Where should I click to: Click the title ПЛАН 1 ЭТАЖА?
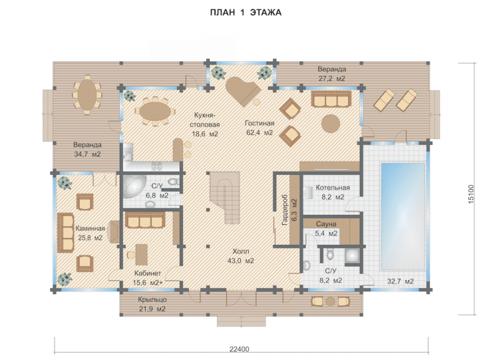pyautogui.click(x=246, y=13)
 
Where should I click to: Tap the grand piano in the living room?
pyautogui.click(x=243, y=91)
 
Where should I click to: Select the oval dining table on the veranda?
pyautogui.click(x=87, y=94)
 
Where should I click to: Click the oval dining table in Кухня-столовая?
pyautogui.click(x=155, y=111)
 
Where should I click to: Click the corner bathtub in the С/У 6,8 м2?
pyautogui.click(x=134, y=186)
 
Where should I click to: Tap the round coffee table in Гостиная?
pyautogui.click(x=331, y=124)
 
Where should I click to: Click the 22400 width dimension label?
pyautogui.click(x=240, y=349)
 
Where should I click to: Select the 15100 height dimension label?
pyautogui.click(x=471, y=194)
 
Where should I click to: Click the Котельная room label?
pyautogui.click(x=333, y=188)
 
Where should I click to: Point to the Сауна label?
pyautogui.click(x=326, y=224)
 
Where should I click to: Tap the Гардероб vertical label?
pyautogui.click(x=285, y=210)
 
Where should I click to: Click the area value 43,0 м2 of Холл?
pyautogui.click(x=241, y=261)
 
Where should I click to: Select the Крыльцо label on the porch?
pyautogui.click(x=152, y=299)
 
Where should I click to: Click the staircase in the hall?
pyautogui.click(x=224, y=198)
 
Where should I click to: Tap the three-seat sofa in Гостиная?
pyautogui.click(x=331, y=99)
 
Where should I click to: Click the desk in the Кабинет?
pyautogui.click(x=142, y=255)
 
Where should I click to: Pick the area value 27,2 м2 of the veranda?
pyautogui.click(x=332, y=79)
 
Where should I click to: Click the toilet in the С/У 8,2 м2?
pyautogui.click(x=330, y=254)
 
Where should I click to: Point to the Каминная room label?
pyautogui.click(x=90, y=228)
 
